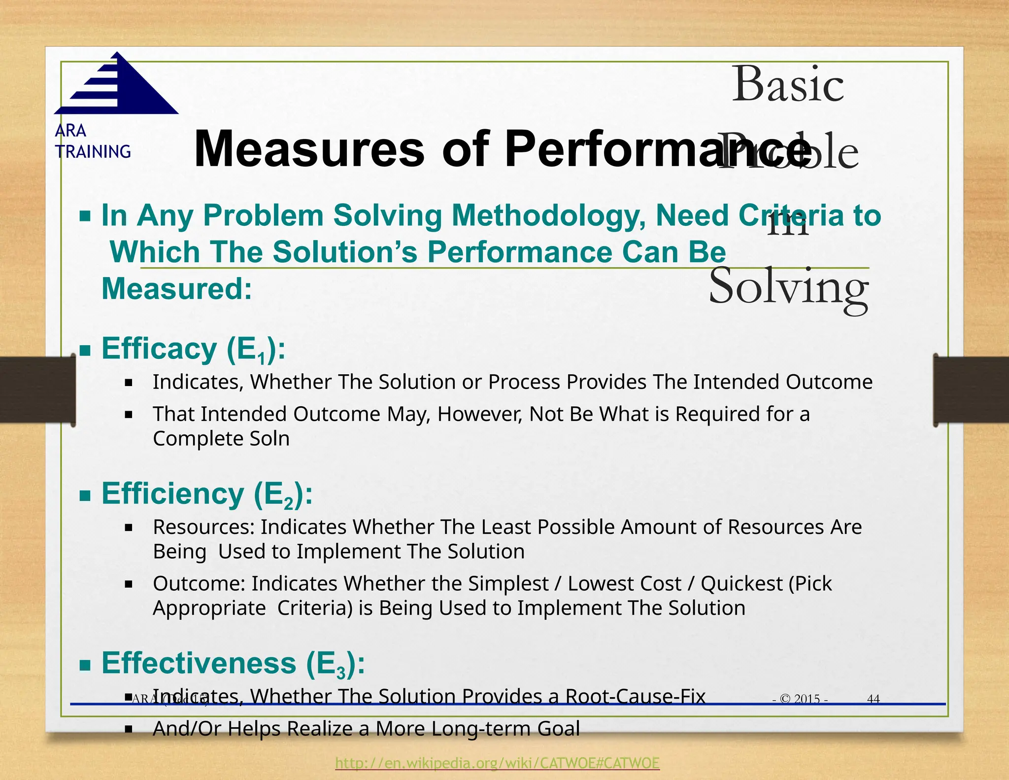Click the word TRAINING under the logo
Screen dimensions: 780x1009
(93, 152)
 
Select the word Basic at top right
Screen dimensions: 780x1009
(788, 85)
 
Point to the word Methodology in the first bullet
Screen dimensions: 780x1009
(548, 216)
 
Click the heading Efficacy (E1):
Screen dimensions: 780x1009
(193, 350)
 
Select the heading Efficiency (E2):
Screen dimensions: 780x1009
(207, 494)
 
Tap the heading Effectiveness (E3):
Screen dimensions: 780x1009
(233, 664)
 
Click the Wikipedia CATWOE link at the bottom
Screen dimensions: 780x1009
(497, 763)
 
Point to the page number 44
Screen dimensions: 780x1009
(873, 699)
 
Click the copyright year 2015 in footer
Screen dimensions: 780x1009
(807, 699)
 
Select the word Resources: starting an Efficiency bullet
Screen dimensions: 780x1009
(203, 527)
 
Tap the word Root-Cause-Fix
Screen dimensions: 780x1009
(635, 696)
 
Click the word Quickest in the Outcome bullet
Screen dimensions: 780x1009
(741, 584)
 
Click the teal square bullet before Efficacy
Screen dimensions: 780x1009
(85, 351)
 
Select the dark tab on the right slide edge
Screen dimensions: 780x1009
(971, 390)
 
